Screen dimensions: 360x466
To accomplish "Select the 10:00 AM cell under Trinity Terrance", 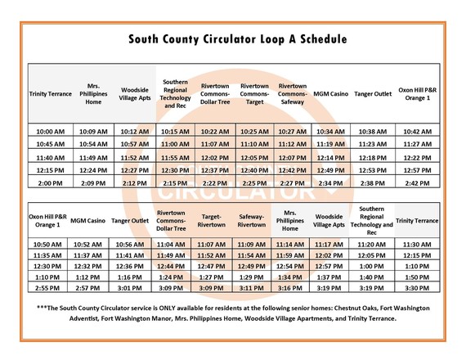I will coord(52,131).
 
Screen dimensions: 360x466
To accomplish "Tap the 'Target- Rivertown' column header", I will coord(211,220).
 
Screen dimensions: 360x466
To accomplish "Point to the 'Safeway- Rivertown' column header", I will coord(251,220).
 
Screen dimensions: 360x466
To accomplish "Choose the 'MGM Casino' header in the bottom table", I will coord(87,220).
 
